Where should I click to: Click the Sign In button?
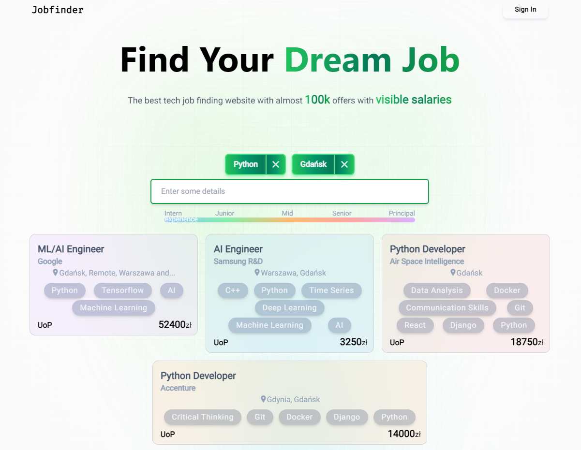[525, 10]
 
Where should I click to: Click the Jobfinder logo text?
[58, 10]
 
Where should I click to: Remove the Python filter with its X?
[276, 164]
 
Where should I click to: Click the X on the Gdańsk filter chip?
[344, 164]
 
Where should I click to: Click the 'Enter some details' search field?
[289, 191]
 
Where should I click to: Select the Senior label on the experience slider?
[342, 213]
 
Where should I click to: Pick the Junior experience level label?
[224, 213]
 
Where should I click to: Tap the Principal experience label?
[402, 213]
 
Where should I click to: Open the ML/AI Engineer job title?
[71, 249]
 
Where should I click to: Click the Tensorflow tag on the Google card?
[122, 290]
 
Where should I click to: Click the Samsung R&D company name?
[238, 261]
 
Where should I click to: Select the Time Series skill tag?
[331, 290]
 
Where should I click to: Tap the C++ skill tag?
[233, 290]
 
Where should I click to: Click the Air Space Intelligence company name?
[427, 261]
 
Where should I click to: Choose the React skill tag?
[415, 325]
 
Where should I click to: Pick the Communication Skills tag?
[447, 308]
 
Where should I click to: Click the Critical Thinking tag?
[202, 417]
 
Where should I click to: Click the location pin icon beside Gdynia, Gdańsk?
[263, 399]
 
